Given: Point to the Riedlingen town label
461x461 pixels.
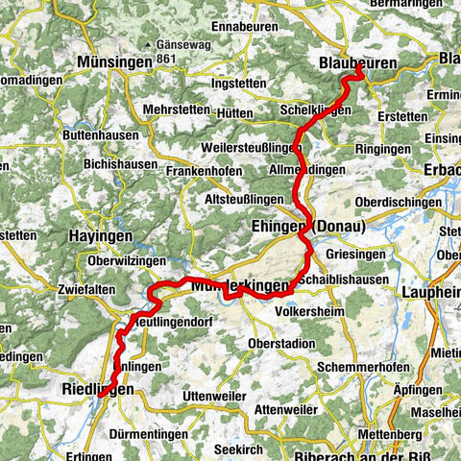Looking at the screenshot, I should click(96, 389).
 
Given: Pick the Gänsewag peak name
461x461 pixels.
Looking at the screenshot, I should click(168, 47).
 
